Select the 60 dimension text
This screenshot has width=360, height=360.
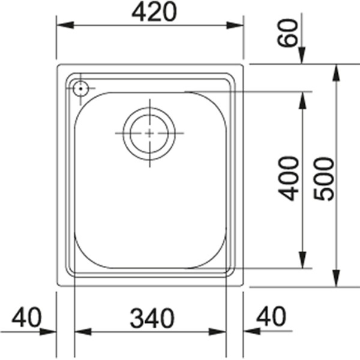pyautogui.click(x=288, y=32)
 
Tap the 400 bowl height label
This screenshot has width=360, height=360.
pyautogui.click(x=289, y=178)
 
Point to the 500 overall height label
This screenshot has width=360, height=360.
pyautogui.click(x=324, y=178)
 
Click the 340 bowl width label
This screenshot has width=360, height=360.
pyautogui.click(x=151, y=318)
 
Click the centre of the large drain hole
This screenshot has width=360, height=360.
pyautogui.click(x=149, y=133)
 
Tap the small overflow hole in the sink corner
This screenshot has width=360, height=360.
pyautogui.click(x=79, y=89)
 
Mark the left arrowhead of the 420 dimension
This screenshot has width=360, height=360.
pyautogui.click(x=64, y=26)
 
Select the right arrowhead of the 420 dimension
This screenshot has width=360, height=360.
pyautogui.click(x=236, y=26)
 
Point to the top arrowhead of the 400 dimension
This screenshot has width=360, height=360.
pyautogui.click(x=301, y=99)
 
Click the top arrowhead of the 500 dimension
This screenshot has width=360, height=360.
pyautogui.click(x=337, y=71)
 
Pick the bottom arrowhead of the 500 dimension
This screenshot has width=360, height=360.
pyautogui.click(x=337, y=280)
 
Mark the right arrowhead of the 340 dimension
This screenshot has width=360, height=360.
pyautogui.click(x=218, y=331)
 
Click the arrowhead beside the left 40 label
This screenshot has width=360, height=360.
pyautogui.click(x=49, y=331)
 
